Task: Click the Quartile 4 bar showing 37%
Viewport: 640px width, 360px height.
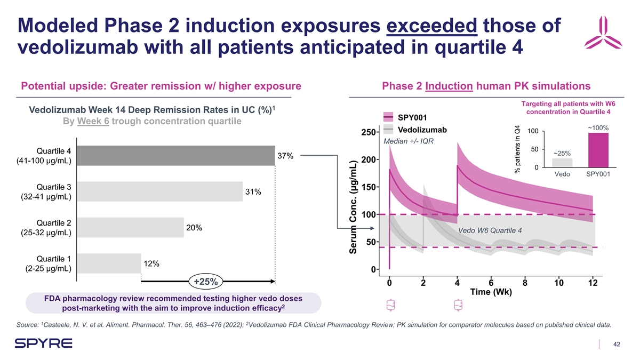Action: tap(176, 155)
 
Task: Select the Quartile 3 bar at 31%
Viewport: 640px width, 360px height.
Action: tap(160, 191)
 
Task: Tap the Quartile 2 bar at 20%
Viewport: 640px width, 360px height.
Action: tap(130, 227)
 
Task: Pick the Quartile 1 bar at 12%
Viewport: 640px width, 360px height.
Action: tap(109, 263)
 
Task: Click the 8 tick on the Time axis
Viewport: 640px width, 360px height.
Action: tap(525, 283)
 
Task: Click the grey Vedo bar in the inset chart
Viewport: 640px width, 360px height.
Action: tap(562, 162)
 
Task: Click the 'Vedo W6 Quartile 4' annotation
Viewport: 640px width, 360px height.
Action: tap(490, 230)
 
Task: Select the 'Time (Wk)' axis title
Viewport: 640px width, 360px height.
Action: tap(491, 292)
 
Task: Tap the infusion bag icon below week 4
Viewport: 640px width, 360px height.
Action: tap(457, 306)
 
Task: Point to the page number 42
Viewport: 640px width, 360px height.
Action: tap(617, 344)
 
